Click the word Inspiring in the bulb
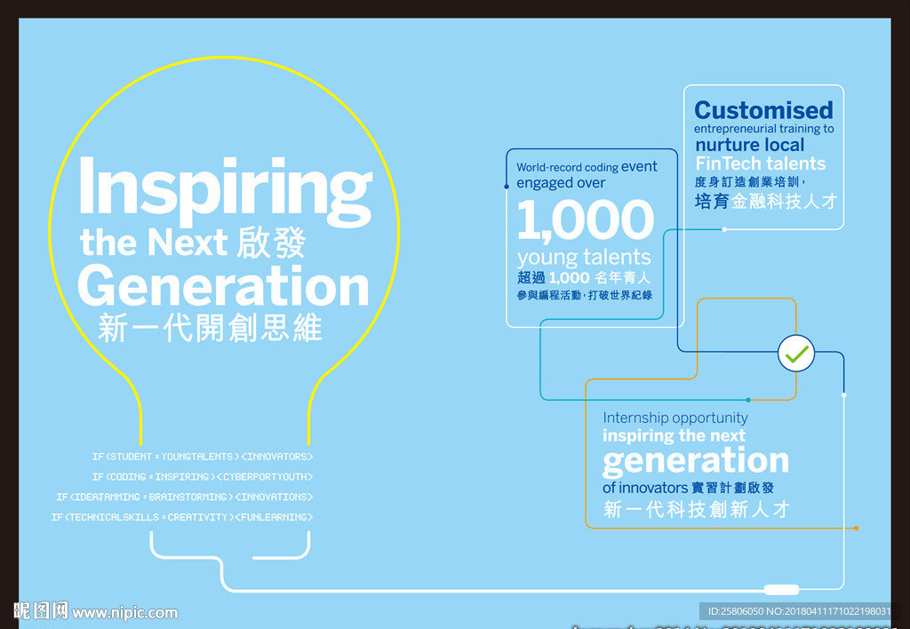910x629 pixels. [x=225, y=188]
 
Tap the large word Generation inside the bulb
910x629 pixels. [x=223, y=286]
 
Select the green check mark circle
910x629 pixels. [x=796, y=354]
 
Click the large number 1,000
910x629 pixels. [x=585, y=220]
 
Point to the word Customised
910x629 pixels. [x=763, y=110]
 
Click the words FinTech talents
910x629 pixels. [x=760, y=163]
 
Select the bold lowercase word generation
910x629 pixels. [x=695, y=460]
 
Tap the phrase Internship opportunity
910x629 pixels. [x=675, y=418]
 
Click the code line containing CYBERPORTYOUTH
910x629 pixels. [x=203, y=477]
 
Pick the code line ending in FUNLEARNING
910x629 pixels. [x=182, y=517]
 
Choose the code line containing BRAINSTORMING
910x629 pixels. [x=185, y=497]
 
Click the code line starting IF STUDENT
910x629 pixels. [x=203, y=457]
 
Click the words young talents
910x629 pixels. [x=584, y=258]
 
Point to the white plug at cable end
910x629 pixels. [x=781, y=589]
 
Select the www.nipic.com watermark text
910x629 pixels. [x=124, y=612]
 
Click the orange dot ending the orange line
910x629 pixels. [x=856, y=528]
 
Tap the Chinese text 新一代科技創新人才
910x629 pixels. [x=696, y=510]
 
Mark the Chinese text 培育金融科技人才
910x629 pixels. [x=765, y=202]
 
